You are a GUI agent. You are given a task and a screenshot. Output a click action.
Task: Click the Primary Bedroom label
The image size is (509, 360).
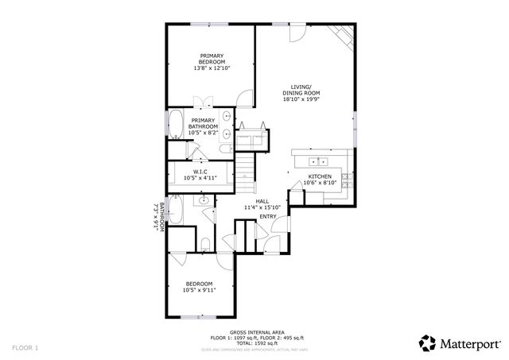[x=211, y=58]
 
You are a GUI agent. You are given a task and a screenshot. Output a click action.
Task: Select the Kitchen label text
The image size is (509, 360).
[x=320, y=176]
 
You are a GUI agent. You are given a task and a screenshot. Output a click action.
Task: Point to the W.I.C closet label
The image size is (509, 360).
[x=200, y=172]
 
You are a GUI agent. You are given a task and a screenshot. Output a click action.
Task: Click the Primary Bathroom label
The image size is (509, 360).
[x=203, y=123]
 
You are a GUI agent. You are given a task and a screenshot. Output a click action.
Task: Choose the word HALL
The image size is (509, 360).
[x=262, y=201]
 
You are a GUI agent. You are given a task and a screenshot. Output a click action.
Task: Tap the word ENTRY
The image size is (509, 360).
[x=268, y=216]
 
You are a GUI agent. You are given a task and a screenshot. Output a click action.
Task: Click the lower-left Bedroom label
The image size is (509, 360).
[x=199, y=284]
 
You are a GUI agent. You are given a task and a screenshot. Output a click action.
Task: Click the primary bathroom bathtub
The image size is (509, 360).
[x=174, y=125]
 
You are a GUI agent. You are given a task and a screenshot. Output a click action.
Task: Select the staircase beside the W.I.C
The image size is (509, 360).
[x=246, y=169]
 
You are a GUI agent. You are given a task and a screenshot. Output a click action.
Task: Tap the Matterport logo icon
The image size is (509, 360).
[x=428, y=343]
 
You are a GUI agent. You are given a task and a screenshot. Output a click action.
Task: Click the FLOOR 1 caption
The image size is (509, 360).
[x=25, y=347]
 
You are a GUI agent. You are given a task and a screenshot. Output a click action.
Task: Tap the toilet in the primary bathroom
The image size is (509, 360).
[x=223, y=149]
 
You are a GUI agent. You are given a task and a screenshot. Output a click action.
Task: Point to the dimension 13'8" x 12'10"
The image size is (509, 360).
[x=211, y=68]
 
